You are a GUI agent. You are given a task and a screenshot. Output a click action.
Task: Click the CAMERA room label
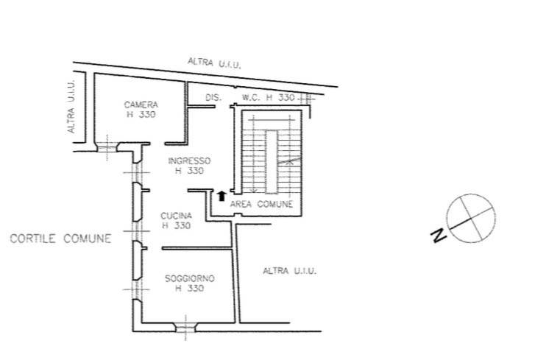click(x=141, y=105)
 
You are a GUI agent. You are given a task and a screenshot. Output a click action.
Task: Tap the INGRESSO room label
click(x=189, y=160)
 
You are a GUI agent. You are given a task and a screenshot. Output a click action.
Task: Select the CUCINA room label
click(x=176, y=216)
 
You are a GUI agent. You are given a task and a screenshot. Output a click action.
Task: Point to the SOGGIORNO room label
click(x=190, y=278)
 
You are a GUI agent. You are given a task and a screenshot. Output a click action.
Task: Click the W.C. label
click(x=251, y=97)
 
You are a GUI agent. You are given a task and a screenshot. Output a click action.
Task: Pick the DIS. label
click(x=213, y=97)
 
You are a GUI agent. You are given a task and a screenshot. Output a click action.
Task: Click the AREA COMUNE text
click(x=261, y=204)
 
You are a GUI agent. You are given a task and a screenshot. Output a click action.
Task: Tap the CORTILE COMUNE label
click(x=60, y=239)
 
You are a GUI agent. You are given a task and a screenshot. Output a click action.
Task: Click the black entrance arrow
click(x=221, y=196)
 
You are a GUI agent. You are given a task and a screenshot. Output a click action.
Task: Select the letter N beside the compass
click(x=439, y=236)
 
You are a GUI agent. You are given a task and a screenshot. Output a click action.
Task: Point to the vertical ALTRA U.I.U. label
click(x=71, y=107)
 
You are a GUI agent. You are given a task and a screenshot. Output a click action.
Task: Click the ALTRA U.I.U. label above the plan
click(x=214, y=63)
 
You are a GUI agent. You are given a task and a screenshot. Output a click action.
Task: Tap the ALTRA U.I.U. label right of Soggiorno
click(x=290, y=271)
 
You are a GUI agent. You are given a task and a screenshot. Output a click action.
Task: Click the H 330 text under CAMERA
click(x=141, y=115)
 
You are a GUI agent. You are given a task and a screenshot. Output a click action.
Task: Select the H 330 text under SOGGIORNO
click(x=190, y=288)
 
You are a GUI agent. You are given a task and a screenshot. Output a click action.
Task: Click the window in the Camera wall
click(x=107, y=147)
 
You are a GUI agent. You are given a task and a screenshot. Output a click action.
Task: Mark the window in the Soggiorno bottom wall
click(x=185, y=328)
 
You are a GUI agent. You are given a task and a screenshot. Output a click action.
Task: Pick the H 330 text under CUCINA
click(x=176, y=226)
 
